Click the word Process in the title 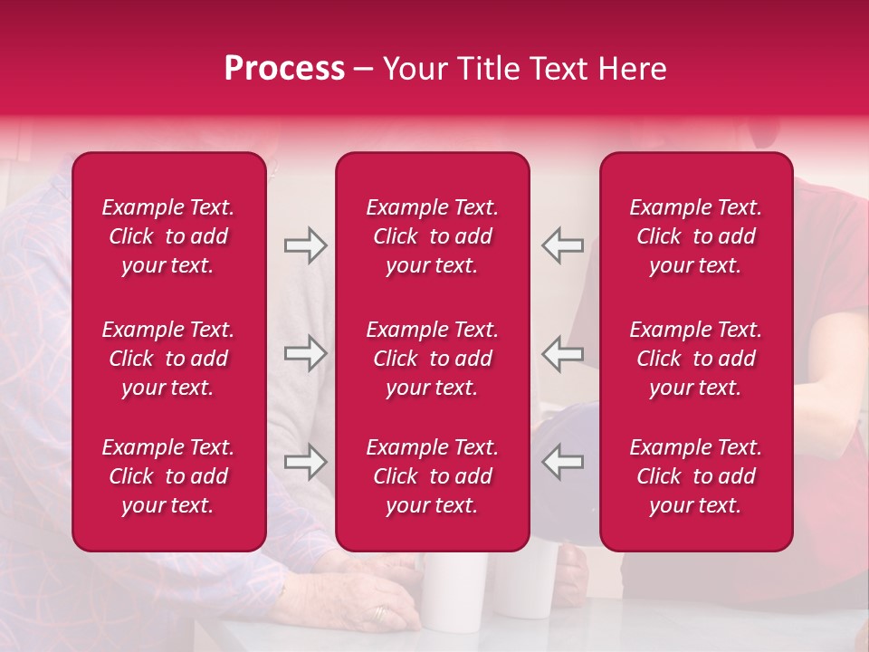284,69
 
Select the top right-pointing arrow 305,245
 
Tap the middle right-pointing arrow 305,353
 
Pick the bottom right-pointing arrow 305,462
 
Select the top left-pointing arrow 563,245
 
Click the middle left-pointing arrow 563,353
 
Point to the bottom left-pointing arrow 563,462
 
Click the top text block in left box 168,236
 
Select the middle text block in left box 168,359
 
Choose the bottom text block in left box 168,476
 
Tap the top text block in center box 432,236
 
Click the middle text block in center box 432,359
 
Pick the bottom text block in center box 432,476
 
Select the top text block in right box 696,236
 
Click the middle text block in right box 696,359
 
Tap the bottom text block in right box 696,476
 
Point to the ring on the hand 379,613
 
